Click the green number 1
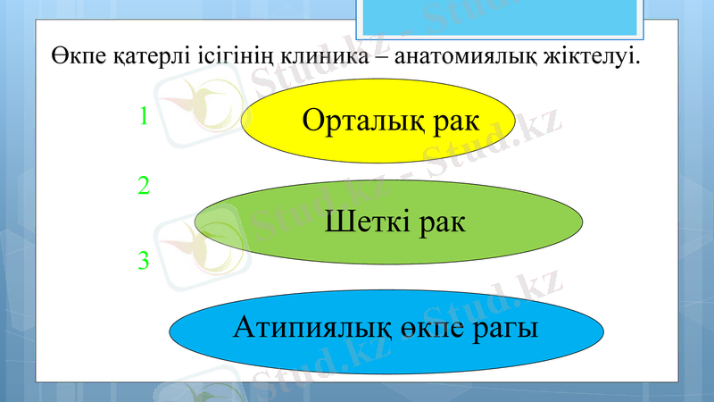click(x=143, y=116)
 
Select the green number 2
click(x=143, y=186)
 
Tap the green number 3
click(x=143, y=261)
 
